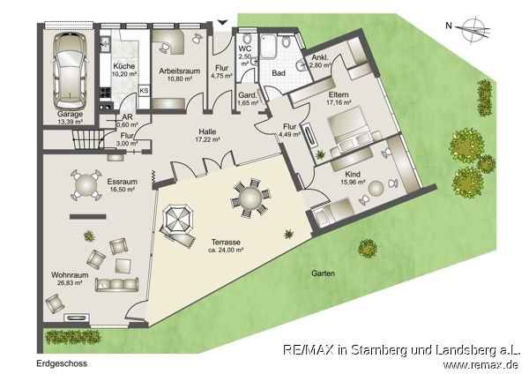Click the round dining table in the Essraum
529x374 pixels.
pos(85,185)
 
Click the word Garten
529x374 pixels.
pos(323,273)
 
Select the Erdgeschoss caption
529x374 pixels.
pos(61,363)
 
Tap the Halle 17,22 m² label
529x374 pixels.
pos(206,134)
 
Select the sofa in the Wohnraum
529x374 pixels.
pos(116,284)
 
